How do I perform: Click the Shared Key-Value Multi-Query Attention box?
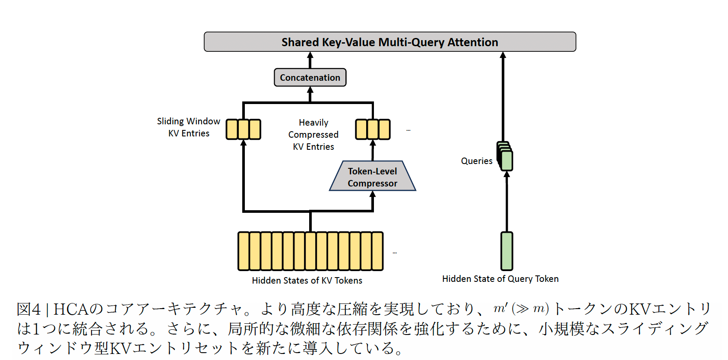tap(389, 42)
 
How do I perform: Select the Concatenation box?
tap(310, 77)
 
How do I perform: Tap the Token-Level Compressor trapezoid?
tap(373, 176)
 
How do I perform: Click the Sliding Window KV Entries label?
tap(189, 127)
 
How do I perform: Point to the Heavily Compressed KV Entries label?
tap(313, 135)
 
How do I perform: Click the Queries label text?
tap(476, 161)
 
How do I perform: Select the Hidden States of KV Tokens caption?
tap(307, 281)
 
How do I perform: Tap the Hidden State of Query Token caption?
tap(500, 279)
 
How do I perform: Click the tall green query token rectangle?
tap(506, 251)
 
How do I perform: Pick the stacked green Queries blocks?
tap(505, 156)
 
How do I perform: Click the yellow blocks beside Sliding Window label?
tap(244, 129)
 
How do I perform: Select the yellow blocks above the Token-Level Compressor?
tap(373, 129)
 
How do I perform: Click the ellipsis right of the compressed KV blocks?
tap(408, 130)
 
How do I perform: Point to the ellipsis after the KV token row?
tap(395, 253)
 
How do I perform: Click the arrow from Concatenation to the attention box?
tap(310, 60)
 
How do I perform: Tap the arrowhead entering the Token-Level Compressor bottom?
tap(373, 194)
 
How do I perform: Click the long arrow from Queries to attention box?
tap(503, 97)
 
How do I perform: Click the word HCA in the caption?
tap(71, 309)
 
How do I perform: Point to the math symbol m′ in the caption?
tap(500, 308)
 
